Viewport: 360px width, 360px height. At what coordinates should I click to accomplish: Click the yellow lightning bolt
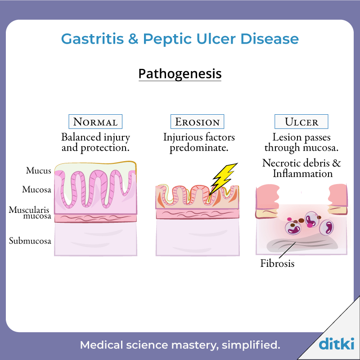click(x=223, y=179)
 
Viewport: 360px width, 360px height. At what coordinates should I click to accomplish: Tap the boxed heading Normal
click(x=95, y=121)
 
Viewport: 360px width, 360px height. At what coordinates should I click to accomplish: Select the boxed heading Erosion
click(x=197, y=121)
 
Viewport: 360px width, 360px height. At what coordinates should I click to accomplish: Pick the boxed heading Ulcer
click(x=301, y=121)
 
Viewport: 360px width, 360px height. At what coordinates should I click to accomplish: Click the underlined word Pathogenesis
click(x=180, y=74)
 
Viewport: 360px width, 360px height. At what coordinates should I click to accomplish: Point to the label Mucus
click(x=38, y=171)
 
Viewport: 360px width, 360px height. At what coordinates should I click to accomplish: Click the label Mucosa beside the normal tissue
click(x=36, y=189)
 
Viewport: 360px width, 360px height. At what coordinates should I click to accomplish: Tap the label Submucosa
click(x=30, y=241)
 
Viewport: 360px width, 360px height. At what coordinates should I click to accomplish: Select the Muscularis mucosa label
click(x=30, y=213)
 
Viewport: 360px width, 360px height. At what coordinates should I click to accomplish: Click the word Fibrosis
click(x=277, y=263)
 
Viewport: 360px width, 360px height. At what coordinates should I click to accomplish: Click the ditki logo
click(x=336, y=343)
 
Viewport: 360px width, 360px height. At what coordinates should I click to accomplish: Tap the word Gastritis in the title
click(x=92, y=39)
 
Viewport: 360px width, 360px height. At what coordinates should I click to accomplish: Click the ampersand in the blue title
click(x=133, y=39)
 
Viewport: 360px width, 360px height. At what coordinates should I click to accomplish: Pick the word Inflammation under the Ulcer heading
click(x=302, y=173)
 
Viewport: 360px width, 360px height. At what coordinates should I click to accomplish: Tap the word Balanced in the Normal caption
click(x=81, y=137)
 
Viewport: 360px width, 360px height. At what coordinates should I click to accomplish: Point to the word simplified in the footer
click(x=251, y=345)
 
